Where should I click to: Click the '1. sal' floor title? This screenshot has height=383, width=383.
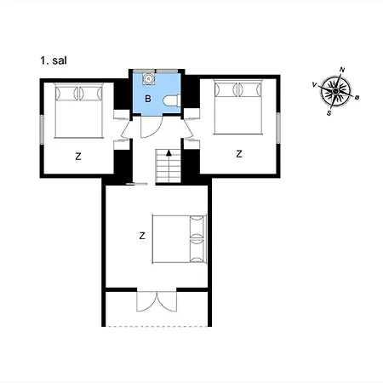tap(54, 60)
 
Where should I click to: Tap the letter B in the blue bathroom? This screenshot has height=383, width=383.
tap(148, 99)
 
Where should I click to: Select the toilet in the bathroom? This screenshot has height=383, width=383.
tap(172, 100)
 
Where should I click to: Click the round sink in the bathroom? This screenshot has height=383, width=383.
tap(148, 78)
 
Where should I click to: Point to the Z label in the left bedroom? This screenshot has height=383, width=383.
tap(78, 157)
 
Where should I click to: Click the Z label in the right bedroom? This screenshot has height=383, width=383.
tap(239, 154)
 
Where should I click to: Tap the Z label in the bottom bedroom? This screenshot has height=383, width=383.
tap(142, 236)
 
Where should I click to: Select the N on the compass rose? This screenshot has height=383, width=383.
tap(342, 70)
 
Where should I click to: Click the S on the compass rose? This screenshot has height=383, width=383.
tap(329, 113)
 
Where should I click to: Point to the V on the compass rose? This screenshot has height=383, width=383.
tap(314, 84)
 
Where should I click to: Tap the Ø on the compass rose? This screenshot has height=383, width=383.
tap(357, 98)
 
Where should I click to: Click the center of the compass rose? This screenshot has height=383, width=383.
tap(335, 91)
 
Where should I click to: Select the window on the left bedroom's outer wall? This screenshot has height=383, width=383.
tap(42, 129)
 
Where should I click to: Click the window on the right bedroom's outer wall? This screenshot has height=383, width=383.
tap(278, 128)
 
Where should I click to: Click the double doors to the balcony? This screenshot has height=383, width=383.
tap(157, 301)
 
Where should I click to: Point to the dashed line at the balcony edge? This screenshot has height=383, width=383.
tap(157, 327)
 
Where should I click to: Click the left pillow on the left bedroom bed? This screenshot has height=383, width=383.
tap(66, 93)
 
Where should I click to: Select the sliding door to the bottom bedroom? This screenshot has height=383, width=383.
tap(136, 185)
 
